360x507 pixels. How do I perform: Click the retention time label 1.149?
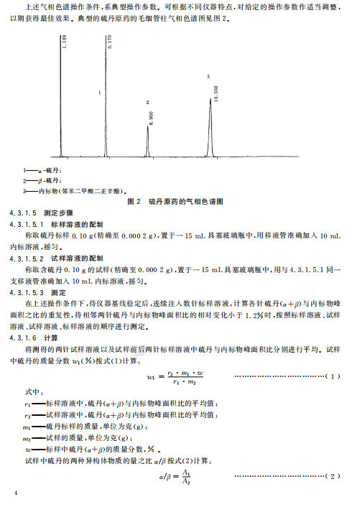pos(64,43)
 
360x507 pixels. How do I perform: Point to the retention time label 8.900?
pos(151,118)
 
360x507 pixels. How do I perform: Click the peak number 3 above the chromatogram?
pos(208,75)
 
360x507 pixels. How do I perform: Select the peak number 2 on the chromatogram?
pos(147,103)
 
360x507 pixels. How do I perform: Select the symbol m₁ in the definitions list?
pos(27,427)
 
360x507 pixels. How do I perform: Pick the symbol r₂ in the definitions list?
pos(26,415)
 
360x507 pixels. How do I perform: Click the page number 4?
pos(15,495)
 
